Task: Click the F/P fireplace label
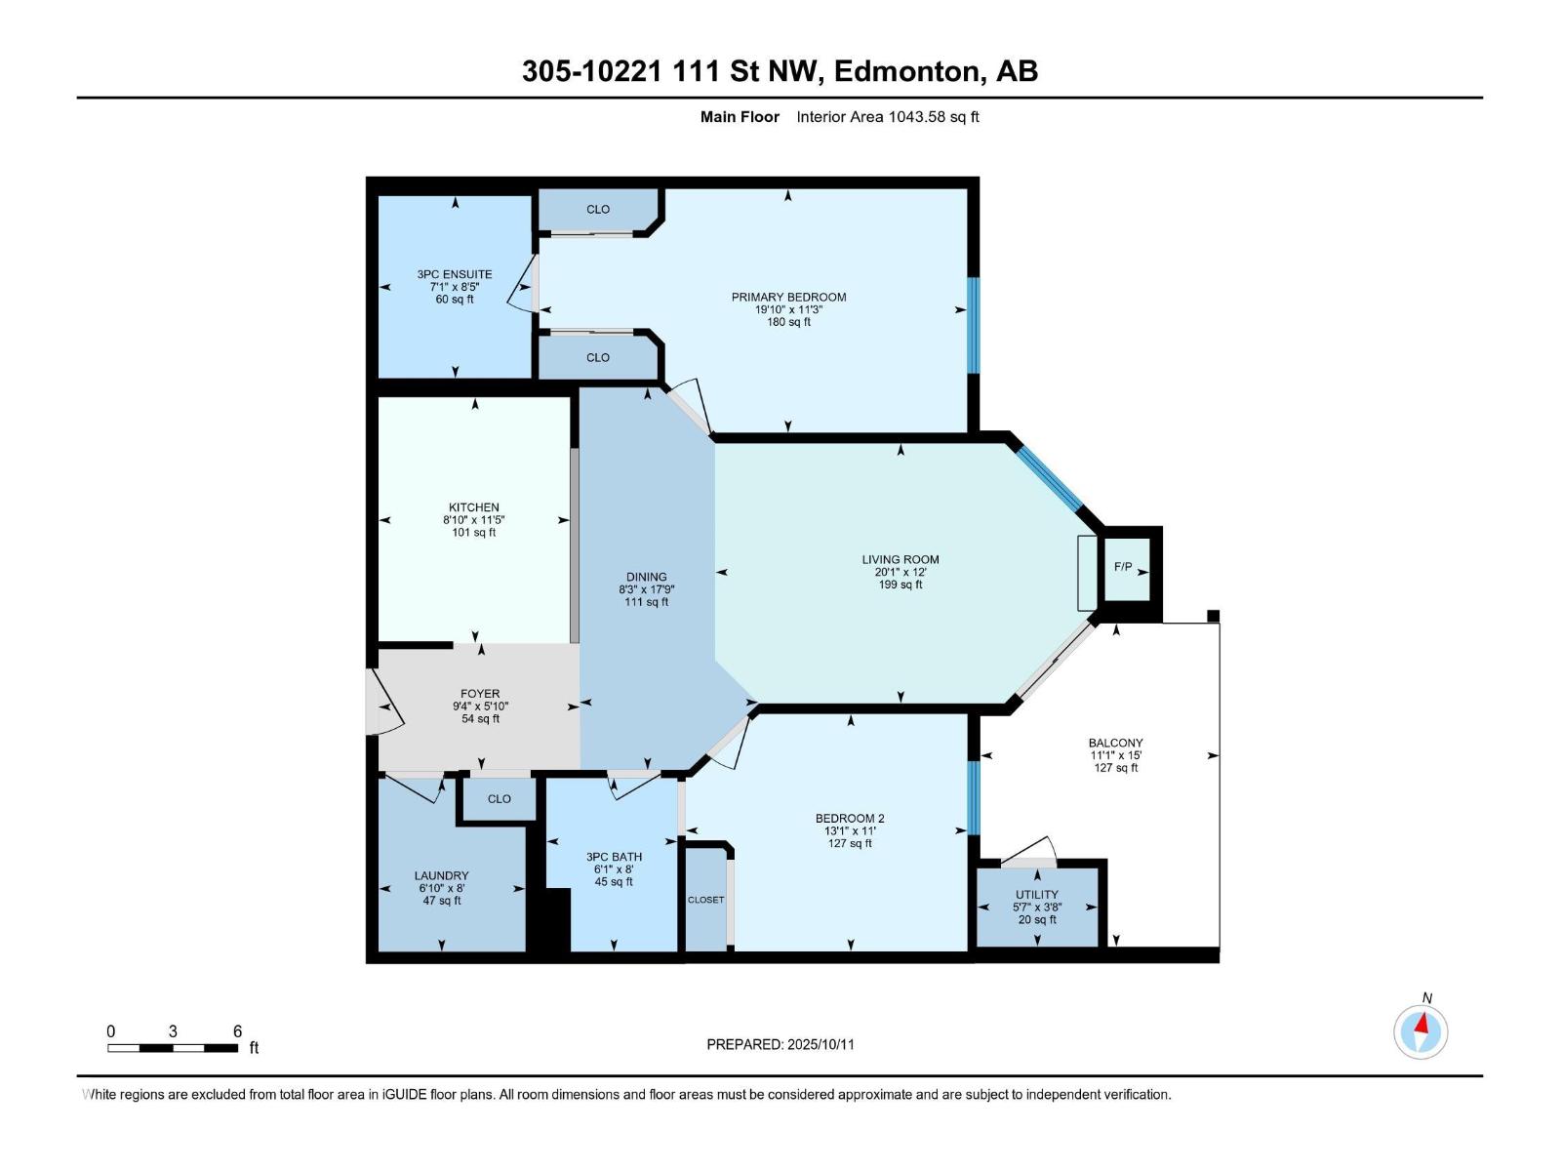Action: tap(1122, 567)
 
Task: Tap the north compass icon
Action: tap(1421, 1030)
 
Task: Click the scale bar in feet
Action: tap(173, 1048)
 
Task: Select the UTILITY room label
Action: tap(1036, 894)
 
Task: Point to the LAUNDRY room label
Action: tap(441, 875)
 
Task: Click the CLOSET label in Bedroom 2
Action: tap(705, 900)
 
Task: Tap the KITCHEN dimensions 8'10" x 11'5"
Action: tap(473, 520)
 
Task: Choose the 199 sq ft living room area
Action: tap(900, 585)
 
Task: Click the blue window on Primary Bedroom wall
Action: tap(973, 325)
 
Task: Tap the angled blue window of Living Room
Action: tap(1050, 478)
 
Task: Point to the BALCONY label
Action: tap(1115, 743)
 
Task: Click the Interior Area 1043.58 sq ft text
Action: tap(887, 117)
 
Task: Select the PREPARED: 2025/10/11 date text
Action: tap(780, 1044)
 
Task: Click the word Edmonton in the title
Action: tap(906, 71)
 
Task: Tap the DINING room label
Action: tap(646, 577)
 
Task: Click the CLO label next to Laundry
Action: tap(499, 798)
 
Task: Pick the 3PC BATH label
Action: tap(614, 857)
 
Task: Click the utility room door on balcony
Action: tap(1029, 852)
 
